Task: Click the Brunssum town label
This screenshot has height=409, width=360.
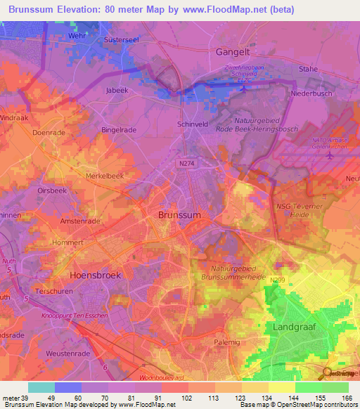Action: click(180, 215)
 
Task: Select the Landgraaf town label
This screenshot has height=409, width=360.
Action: click(294, 327)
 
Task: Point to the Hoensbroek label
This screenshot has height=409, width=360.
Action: click(96, 275)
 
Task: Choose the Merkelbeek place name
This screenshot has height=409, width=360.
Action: click(104, 175)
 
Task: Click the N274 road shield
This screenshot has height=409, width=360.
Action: click(184, 162)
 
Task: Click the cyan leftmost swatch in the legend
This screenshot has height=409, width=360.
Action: click(41, 387)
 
